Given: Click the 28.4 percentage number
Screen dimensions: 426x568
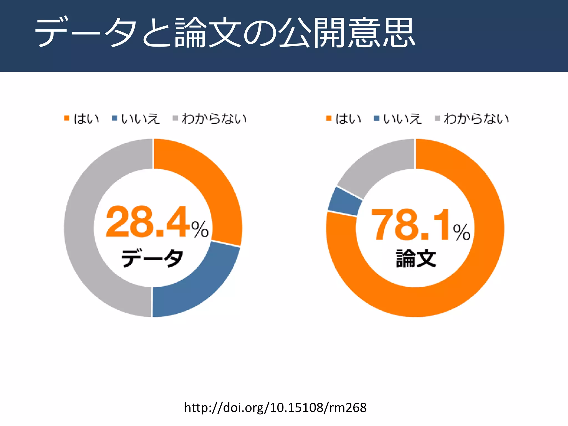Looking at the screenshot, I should click(x=147, y=222).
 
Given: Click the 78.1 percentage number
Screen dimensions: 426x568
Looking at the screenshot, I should click(x=410, y=225).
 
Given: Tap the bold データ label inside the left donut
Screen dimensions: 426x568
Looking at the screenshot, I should click(x=152, y=258).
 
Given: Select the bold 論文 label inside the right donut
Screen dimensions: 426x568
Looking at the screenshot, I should click(x=416, y=258).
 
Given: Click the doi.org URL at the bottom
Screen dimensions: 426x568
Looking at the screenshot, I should click(x=275, y=408).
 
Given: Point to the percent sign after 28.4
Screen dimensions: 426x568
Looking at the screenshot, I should click(x=200, y=229).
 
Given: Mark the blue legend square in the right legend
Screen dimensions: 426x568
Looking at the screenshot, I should click(x=376, y=118).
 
